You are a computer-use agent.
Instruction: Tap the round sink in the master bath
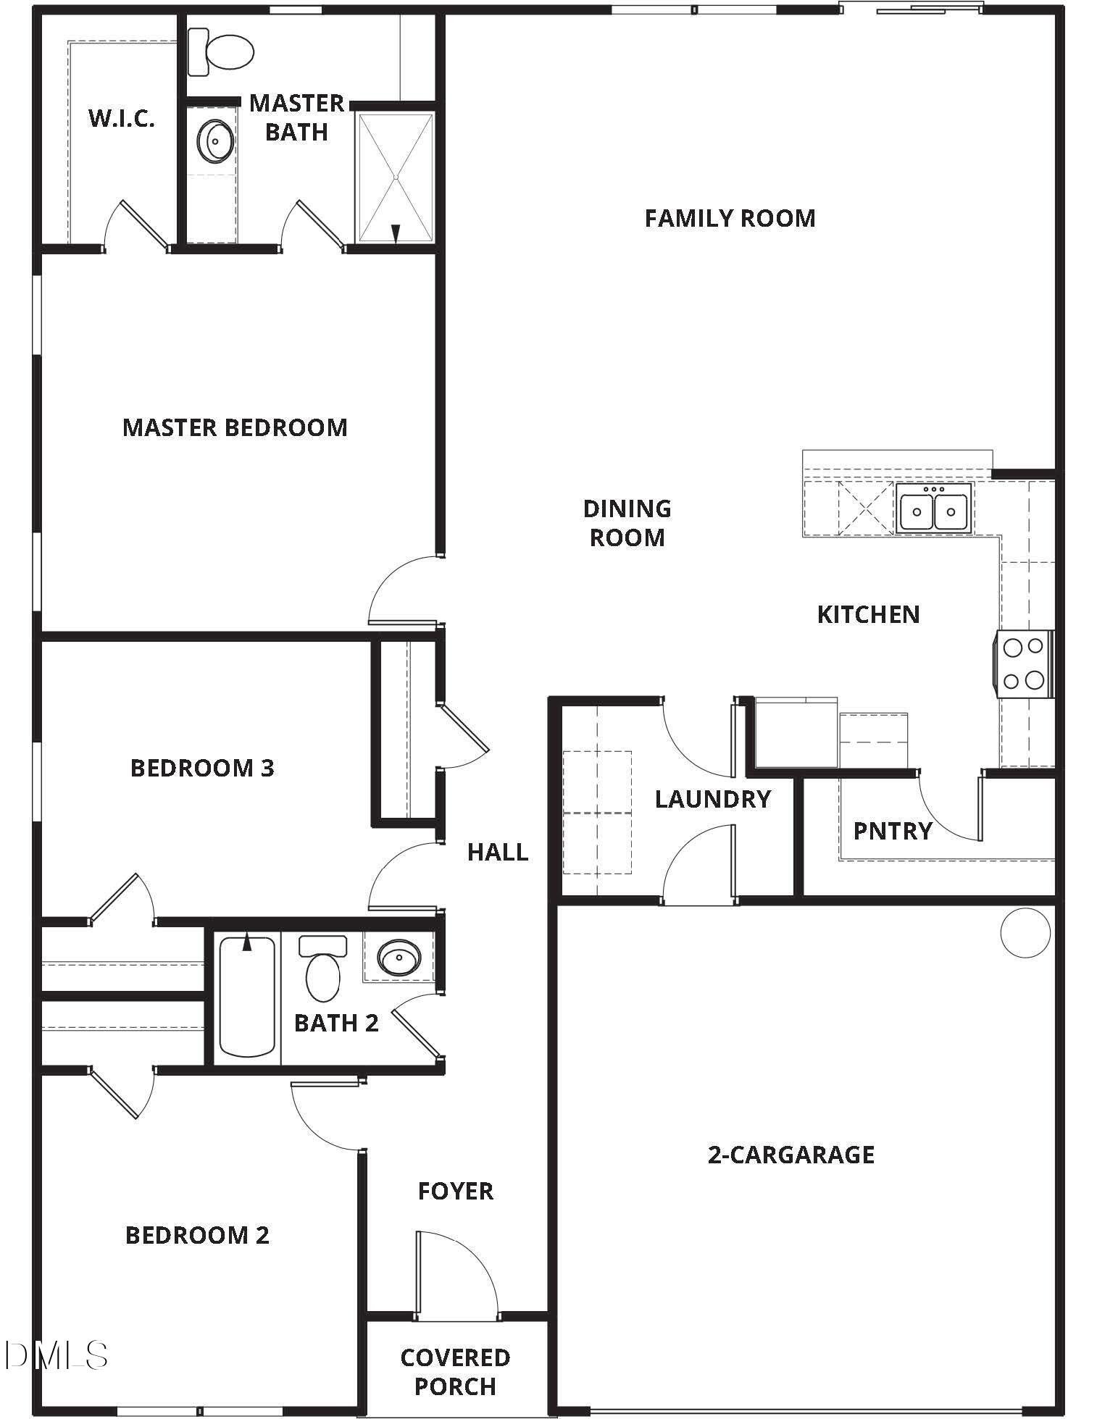(x=214, y=141)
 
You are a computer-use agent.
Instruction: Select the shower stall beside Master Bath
(x=395, y=177)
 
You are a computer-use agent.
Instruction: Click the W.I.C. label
(x=121, y=119)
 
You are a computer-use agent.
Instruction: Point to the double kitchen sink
(x=933, y=510)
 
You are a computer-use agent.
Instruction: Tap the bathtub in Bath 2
(x=247, y=996)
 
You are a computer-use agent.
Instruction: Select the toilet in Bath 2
(x=322, y=969)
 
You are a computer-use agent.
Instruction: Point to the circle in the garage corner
(x=1025, y=932)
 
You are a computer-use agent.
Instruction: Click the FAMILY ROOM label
(x=730, y=218)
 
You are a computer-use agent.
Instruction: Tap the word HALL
(x=497, y=852)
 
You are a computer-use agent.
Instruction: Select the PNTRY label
(x=892, y=831)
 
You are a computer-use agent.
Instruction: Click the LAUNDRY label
(x=712, y=799)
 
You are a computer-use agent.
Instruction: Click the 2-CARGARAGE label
(x=791, y=1154)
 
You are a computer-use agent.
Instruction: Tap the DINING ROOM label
(x=627, y=522)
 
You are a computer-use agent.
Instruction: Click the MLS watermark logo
(x=54, y=1355)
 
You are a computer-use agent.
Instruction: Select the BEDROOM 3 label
(x=202, y=768)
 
